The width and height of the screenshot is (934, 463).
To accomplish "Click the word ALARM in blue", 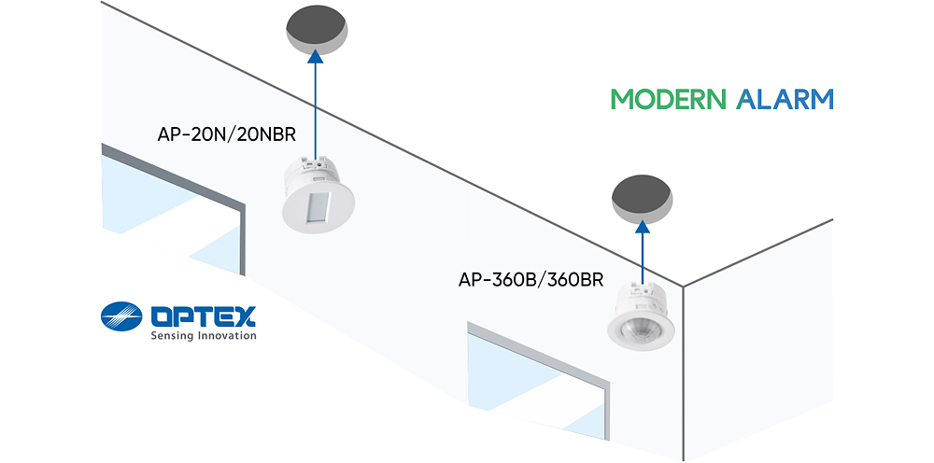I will point(785,100).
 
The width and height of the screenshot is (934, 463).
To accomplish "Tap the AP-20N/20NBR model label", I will point(227,134).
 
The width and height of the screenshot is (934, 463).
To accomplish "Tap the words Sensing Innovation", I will point(203,337).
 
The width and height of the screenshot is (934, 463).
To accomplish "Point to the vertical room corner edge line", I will point(683,373).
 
